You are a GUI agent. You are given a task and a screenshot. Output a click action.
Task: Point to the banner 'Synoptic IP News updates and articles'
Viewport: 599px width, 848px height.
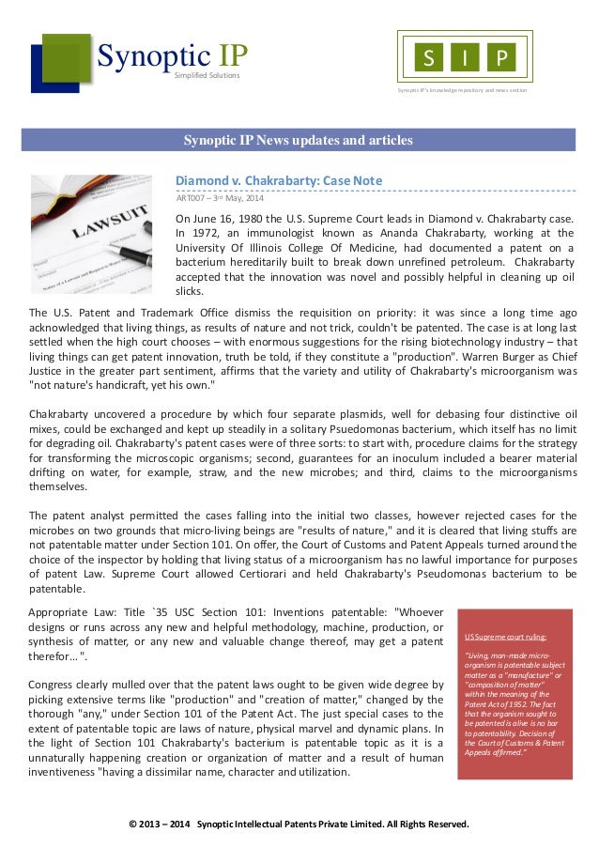298,141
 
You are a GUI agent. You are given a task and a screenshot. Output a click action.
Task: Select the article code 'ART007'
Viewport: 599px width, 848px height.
192,197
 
